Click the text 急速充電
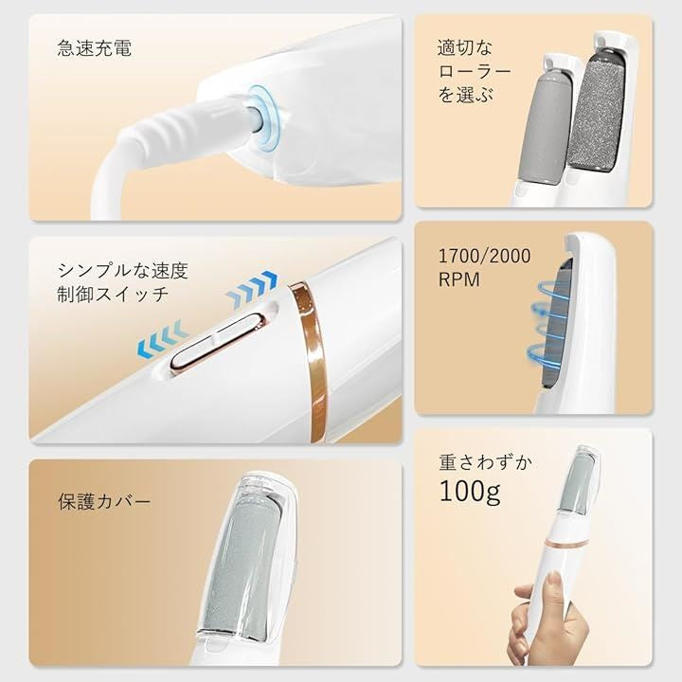tap(95, 48)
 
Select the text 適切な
tap(464, 48)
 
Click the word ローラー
tap(475, 71)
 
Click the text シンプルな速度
tap(122, 271)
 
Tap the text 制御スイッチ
tap(113, 295)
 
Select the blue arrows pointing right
tap(252, 288)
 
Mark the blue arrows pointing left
tap(163, 340)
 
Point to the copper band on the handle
tap(312, 361)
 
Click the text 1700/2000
tap(485, 257)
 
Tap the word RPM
tap(458, 280)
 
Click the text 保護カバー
tap(104, 501)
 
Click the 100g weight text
tap(470, 492)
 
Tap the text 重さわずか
tap(485, 463)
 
